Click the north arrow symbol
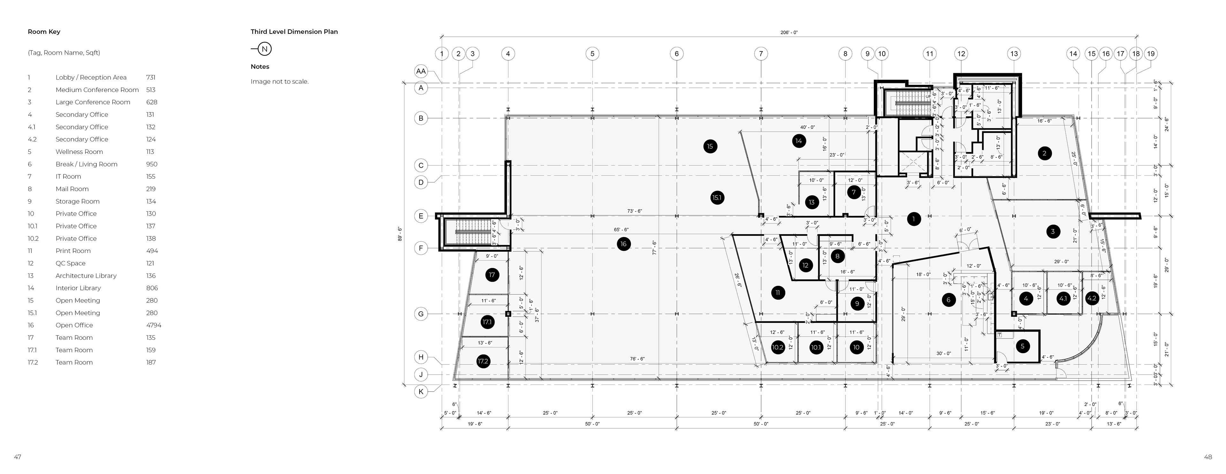(x=265, y=49)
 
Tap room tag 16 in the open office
(x=623, y=244)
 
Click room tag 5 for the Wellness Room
(x=1022, y=346)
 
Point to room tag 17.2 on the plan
(x=483, y=361)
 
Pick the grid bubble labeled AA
(x=421, y=71)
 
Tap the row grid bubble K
(x=421, y=392)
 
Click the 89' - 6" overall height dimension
(x=400, y=234)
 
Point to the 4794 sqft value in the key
(x=153, y=325)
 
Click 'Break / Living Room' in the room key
(x=86, y=164)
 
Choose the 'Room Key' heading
(x=44, y=32)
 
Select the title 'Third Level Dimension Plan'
(x=294, y=32)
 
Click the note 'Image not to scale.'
(x=279, y=81)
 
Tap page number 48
(x=1207, y=457)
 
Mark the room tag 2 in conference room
(x=1044, y=153)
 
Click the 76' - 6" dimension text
(x=637, y=359)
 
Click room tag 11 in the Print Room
(x=778, y=293)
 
